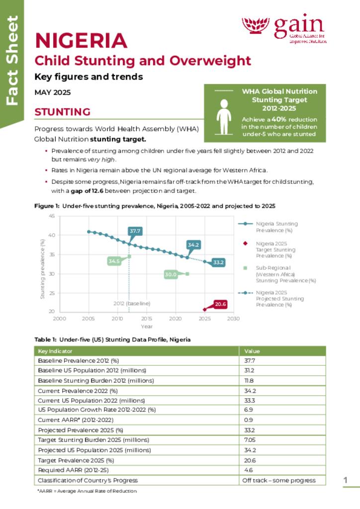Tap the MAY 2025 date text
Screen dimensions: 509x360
[52, 92]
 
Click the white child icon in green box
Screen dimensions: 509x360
[224, 117]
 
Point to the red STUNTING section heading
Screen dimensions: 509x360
[62, 112]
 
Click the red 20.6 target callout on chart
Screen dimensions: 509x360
[220, 304]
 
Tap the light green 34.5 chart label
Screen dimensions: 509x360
[114, 261]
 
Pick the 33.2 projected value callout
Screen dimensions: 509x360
[218, 262]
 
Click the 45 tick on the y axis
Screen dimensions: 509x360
[52, 216]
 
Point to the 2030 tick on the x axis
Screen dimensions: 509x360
[233, 319]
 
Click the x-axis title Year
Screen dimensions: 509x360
[146, 326]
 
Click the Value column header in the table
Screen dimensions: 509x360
[252, 351]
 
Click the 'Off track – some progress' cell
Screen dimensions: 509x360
[278, 480]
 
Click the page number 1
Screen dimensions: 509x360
[345, 480]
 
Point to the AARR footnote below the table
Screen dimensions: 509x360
[87, 491]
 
